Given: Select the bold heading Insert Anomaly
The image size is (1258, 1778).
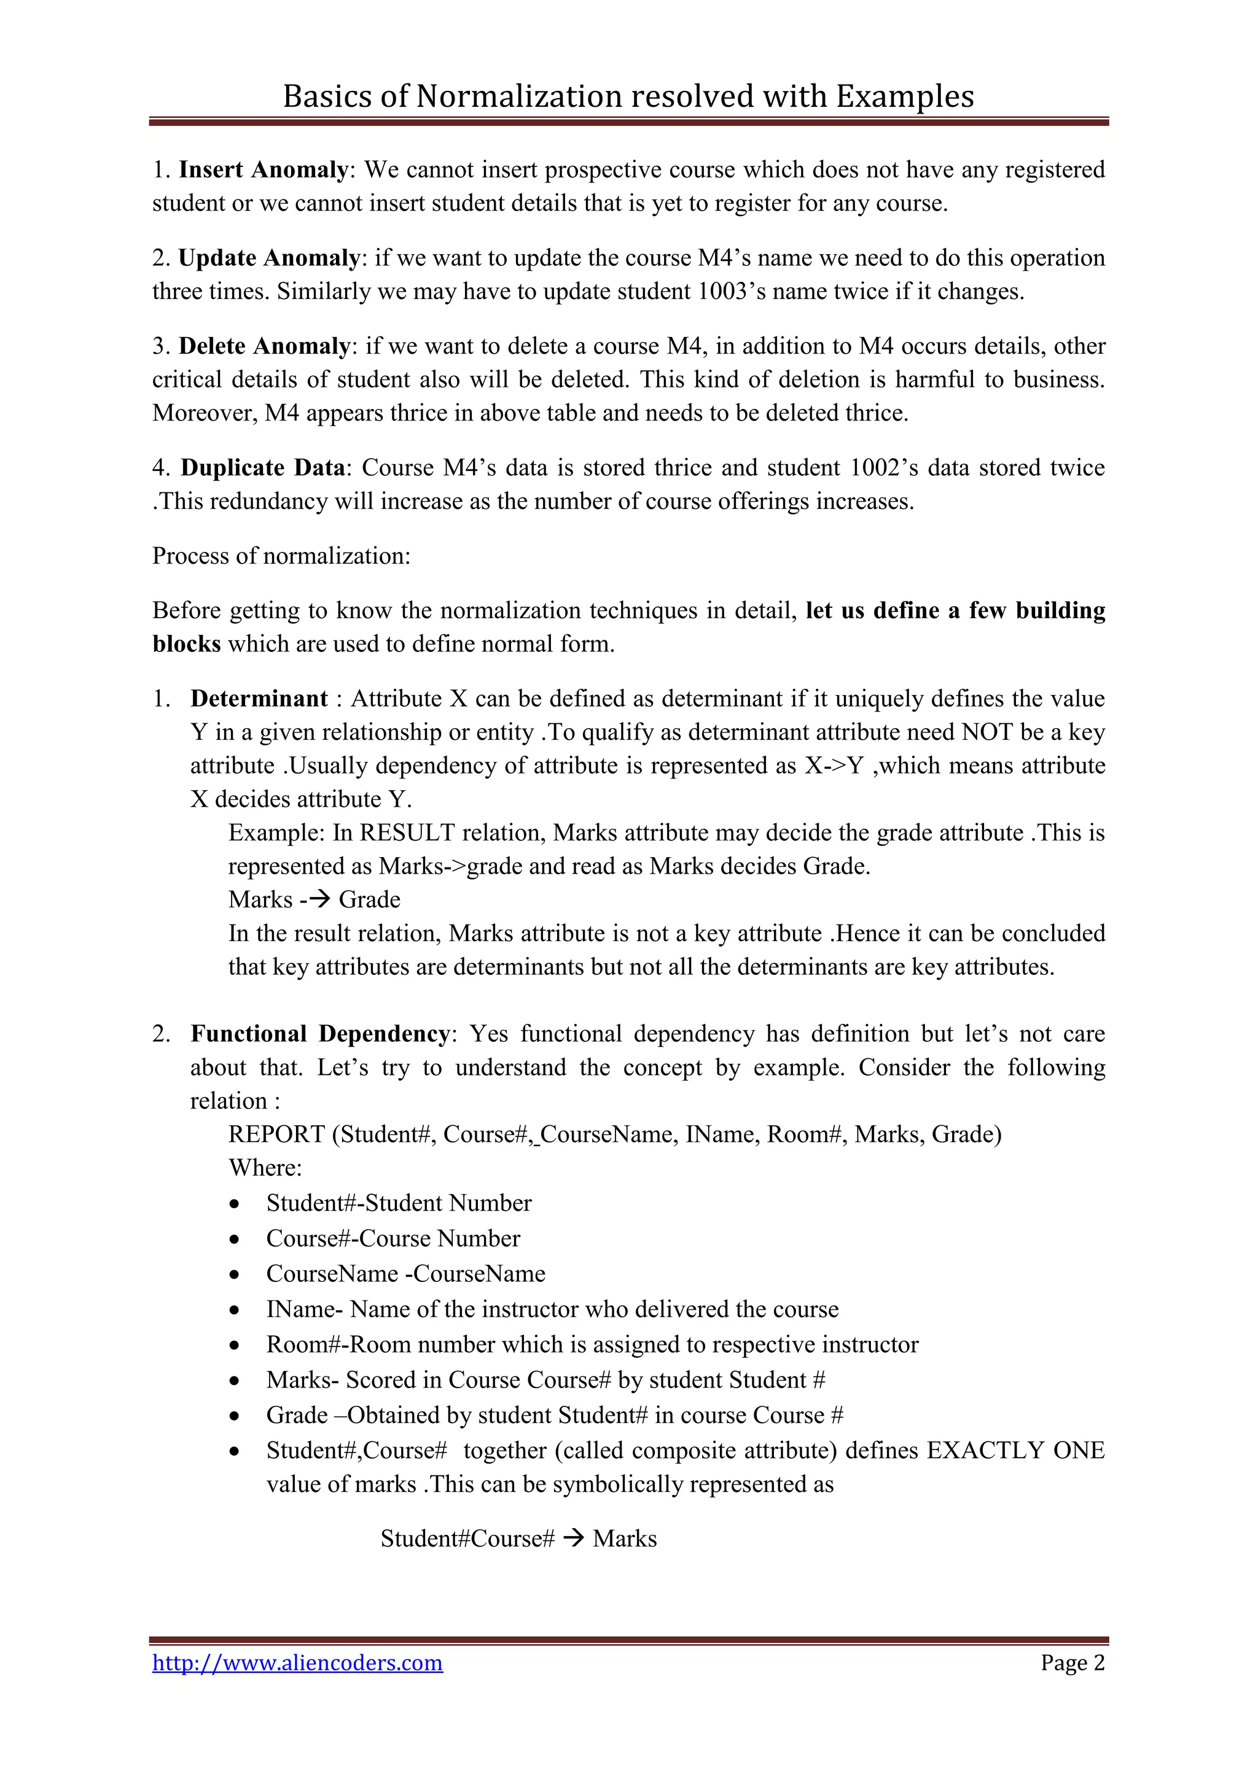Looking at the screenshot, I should (264, 169).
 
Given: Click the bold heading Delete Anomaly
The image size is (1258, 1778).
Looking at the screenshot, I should (264, 346).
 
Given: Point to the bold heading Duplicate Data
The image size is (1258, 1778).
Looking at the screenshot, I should (263, 468).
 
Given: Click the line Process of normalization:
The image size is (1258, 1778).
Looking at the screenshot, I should (281, 556).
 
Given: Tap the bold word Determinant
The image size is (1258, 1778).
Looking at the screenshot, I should (259, 699).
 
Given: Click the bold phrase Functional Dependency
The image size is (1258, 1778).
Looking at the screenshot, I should (319, 1034).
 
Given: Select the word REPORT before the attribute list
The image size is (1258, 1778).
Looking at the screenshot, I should (276, 1135).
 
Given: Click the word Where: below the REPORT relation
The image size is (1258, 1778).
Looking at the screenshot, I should (265, 1168).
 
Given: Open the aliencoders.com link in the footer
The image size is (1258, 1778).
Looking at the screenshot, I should (297, 1663).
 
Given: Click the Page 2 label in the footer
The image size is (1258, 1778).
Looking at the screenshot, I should (1072, 1663).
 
